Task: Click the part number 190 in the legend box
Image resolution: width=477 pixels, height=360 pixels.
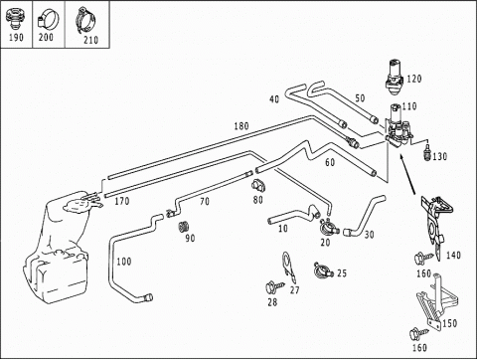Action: tap(16, 37)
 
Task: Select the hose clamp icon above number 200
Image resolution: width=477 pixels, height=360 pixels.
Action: tap(48, 20)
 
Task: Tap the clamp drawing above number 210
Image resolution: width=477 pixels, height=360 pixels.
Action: tap(85, 21)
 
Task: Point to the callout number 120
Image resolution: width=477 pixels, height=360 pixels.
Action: tap(414, 79)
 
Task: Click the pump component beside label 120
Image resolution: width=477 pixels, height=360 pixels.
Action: tap(395, 77)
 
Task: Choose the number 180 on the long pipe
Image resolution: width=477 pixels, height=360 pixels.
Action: tap(241, 126)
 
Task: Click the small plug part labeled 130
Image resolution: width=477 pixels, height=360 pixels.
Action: tap(427, 151)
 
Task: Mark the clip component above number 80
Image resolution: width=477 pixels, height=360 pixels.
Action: tap(258, 185)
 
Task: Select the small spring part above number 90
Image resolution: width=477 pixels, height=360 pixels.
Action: tap(183, 227)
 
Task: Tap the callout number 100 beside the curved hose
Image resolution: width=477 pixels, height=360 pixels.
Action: tap(124, 262)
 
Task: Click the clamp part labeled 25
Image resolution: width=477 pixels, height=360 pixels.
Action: tap(323, 270)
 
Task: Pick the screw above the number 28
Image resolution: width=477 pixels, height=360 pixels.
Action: tap(274, 287)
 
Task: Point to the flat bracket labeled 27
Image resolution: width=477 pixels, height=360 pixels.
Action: tap(288, 268)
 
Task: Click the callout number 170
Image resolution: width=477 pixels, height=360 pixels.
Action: tap(122, 201)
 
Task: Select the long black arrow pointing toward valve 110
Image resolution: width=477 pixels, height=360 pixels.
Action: tap(407, 174)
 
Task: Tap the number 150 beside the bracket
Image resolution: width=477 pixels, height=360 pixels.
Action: tap(449, 323)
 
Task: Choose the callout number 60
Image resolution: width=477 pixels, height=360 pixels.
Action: tap(330, 162)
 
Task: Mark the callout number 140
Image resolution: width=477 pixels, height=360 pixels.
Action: tap(453, 255)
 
